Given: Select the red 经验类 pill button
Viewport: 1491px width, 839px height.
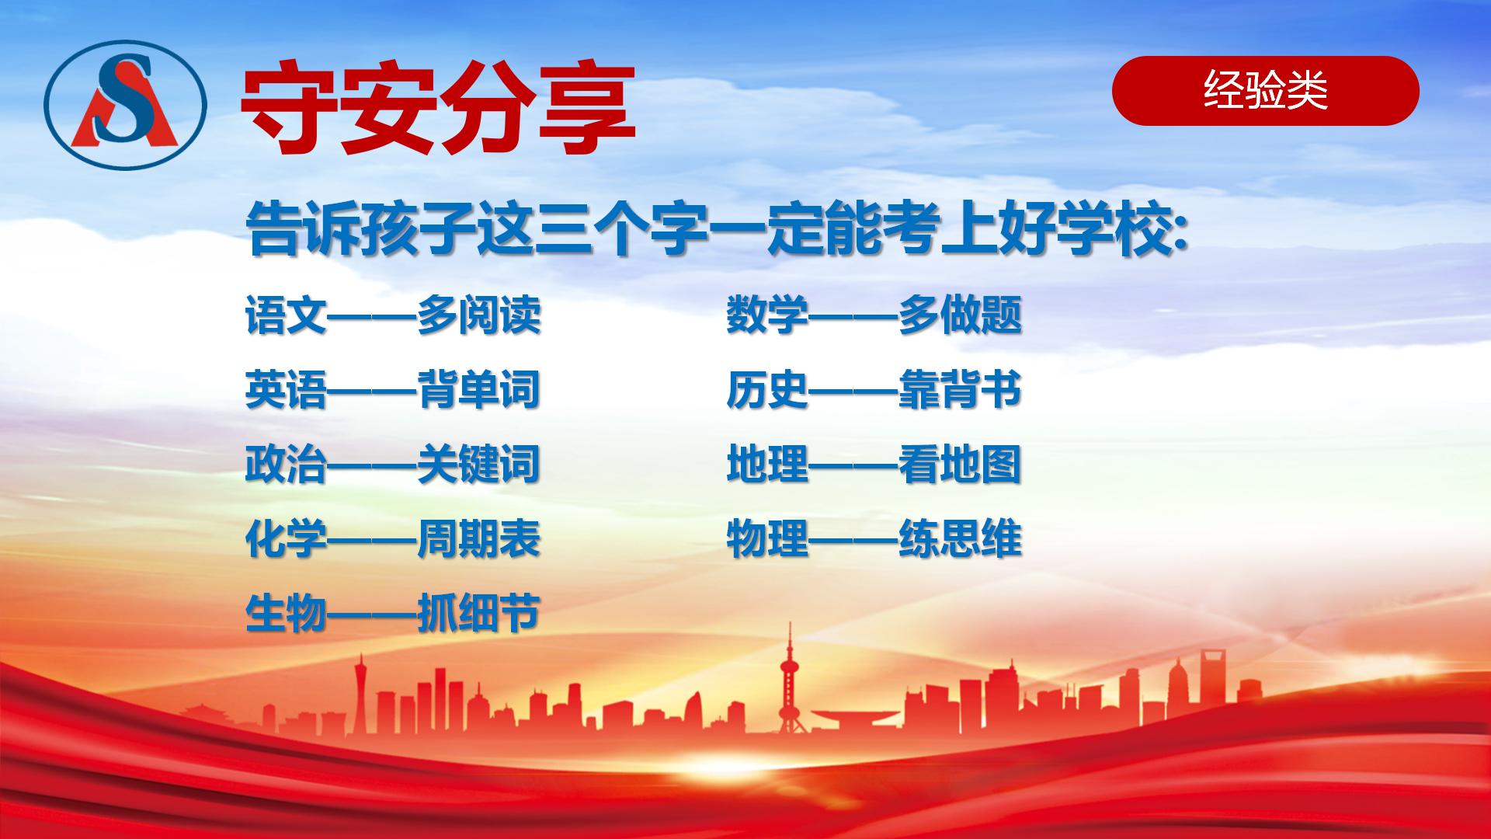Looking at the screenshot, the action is [x=1265, y=91].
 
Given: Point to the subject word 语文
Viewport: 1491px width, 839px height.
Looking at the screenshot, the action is [x=286, y=315].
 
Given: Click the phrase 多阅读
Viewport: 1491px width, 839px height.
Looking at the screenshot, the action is [x=478, y=315].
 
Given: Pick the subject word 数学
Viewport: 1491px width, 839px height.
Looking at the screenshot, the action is [x=767, y=315].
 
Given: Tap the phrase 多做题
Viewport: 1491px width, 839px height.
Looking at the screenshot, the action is [x=960, y=315].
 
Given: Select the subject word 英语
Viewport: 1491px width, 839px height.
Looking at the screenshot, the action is [x=286, y=390].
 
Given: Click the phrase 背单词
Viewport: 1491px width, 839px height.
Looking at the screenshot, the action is [x=478, y=390].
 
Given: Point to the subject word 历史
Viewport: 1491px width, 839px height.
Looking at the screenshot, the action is [x=767, y=390].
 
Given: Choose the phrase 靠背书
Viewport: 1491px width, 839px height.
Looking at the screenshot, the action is [x=960, y=390].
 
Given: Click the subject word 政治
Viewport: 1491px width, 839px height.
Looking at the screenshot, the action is [x=286, y=465].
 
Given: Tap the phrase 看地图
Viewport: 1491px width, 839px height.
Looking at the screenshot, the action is [x=960, y=465].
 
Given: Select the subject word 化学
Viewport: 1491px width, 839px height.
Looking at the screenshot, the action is [x=286, y=539].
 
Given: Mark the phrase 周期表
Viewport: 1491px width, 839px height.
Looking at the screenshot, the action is [x=478, y=539].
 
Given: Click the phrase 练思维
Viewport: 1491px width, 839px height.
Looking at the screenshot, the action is [x=960, y=539].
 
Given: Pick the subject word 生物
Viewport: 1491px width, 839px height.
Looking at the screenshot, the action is [x=286, y=614].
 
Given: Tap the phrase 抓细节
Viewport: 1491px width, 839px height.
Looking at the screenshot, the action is [x=478, y=614].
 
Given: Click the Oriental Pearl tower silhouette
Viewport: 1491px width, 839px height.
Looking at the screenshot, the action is [x=791, y=684].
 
